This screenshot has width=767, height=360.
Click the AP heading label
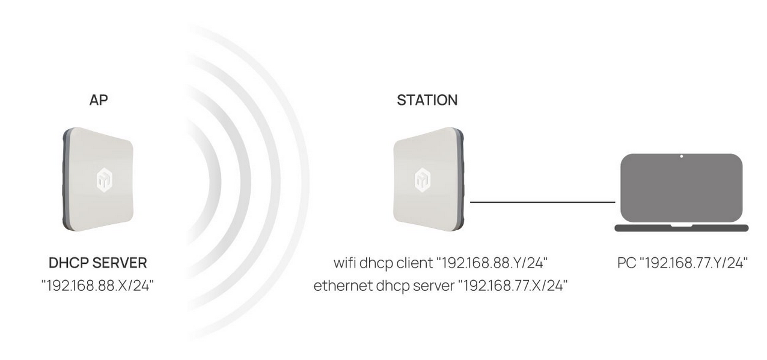99,100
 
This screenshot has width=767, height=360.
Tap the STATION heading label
427,100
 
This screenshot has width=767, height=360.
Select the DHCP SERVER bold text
97,263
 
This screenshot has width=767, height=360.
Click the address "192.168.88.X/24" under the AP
97,285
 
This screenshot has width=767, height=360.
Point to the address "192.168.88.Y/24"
492,263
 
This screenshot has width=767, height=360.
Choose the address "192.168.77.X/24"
513,285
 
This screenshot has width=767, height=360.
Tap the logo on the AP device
104,179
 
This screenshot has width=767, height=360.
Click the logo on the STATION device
423,179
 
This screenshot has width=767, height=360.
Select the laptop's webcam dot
682,156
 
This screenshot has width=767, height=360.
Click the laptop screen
682,188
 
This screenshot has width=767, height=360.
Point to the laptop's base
682,228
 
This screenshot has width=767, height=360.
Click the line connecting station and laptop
542,203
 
